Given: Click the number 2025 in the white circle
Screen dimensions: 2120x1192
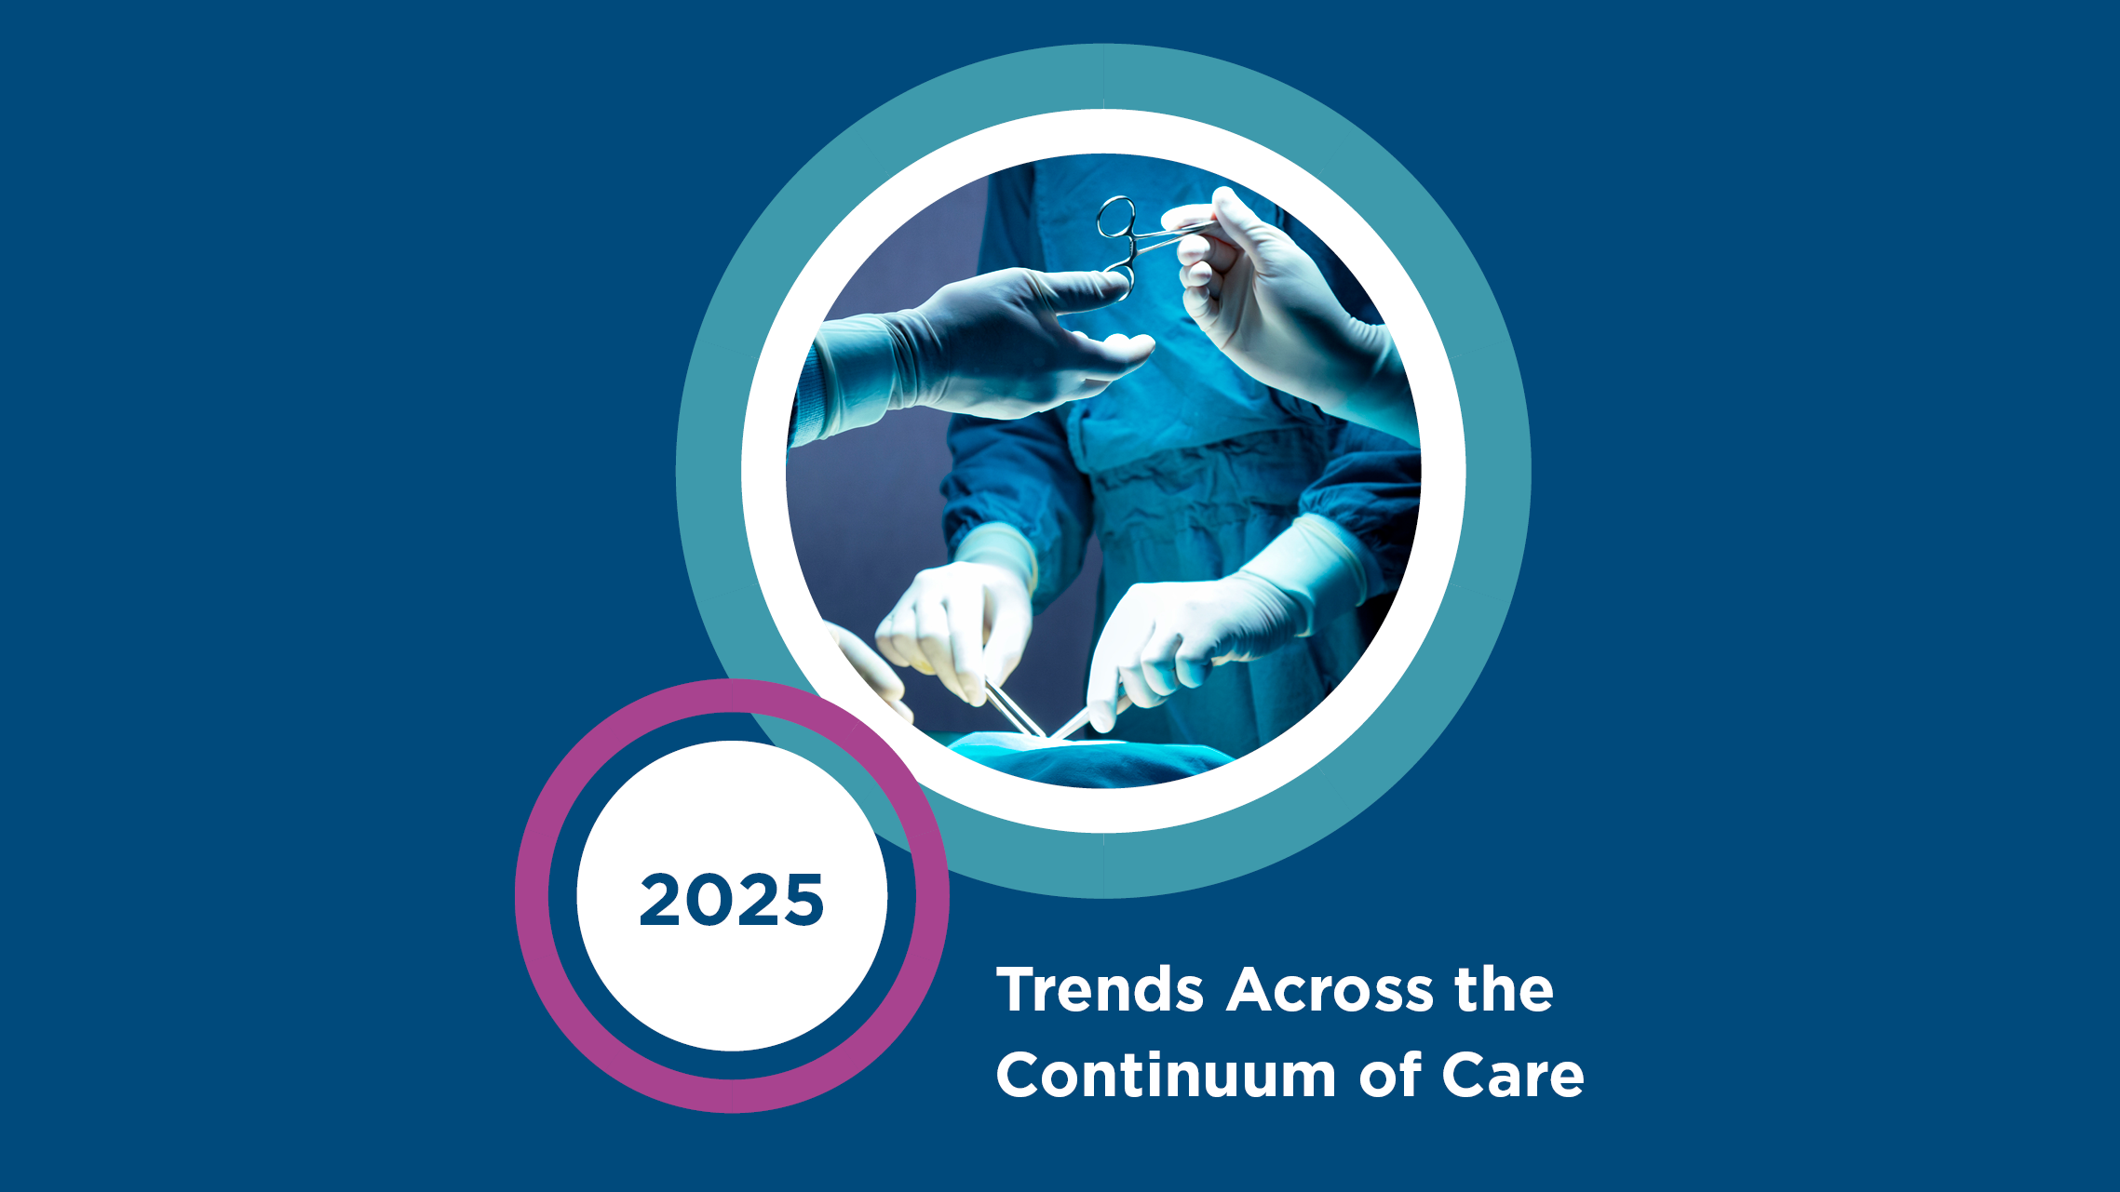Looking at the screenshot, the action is point(732,900).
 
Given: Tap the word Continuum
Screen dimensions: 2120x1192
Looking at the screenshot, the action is point(1167,1075).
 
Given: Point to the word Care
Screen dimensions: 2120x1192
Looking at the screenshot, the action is point(1513,1076).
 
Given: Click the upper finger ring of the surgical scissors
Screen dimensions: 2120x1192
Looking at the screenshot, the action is point(1116,218).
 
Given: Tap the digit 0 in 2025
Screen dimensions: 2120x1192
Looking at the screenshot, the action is point(709,900).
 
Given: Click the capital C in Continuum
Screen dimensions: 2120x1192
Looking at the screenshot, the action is point(1019,1076).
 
